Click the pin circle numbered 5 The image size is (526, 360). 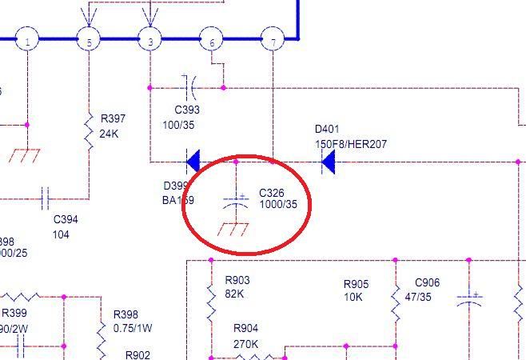coord(88,40)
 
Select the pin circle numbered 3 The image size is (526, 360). coord(149,40)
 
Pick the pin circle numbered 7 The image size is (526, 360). coord(273,40)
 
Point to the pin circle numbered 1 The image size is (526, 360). coord(27,40)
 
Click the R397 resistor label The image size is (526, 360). coord(113,118)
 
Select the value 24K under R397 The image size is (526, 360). coord(109,134)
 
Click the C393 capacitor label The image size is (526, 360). coord(187,110)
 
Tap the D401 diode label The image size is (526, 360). coord(327,129)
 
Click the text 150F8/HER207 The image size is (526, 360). coord(350,144)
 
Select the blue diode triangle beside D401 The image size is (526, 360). coord(328,163)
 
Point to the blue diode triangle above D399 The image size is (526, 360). coord(193,162)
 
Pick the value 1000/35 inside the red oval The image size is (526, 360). coord(278,205)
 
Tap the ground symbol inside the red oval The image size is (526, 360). coord(233,230)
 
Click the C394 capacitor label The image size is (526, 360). coord(66,219)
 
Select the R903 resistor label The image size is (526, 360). coord(237,281)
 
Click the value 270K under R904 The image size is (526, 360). coord(245,344)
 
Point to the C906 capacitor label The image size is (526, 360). coord(427,282)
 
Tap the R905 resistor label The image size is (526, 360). coord(356,285)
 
